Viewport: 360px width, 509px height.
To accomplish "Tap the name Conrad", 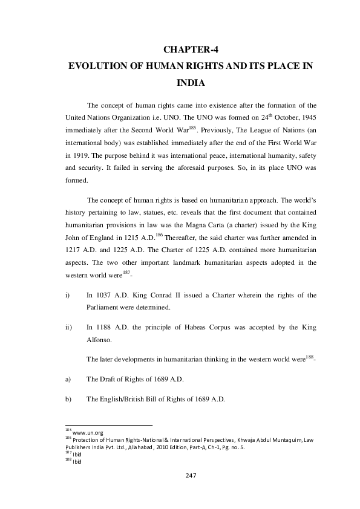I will (154, 294).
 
